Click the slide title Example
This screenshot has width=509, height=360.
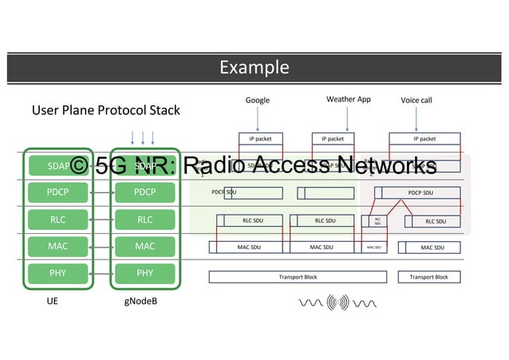tap(254, 68)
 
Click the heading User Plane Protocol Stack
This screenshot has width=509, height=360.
tap(105, 110)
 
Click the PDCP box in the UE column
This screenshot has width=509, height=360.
tap(57, 192)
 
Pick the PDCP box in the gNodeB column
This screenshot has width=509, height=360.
tap(144, 192)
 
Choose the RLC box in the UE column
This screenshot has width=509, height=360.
tap(57, 220)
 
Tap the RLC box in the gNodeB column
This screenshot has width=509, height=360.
tap(144, 220)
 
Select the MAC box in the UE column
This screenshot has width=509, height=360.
tap(57, 247)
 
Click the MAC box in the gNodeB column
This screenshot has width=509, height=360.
tap(144, 247)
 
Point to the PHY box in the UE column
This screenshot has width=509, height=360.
tap(57, 274)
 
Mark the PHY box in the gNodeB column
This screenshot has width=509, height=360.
tap(144, 274)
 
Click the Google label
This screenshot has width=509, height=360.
tap(257, 101)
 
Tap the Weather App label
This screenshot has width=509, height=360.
tap(348, 100)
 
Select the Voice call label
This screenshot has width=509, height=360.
tap(416, 101)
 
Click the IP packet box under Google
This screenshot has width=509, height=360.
tap(260, 139)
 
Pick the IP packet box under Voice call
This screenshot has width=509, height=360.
tap(424, 139)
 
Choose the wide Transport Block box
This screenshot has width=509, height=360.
tap(298, 277)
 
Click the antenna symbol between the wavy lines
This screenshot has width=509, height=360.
tap(337, 303)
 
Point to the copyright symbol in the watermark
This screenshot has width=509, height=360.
tap(79, 166)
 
